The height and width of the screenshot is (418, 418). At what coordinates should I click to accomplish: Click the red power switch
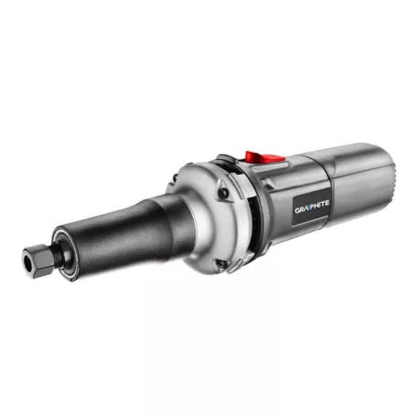click(263, 157)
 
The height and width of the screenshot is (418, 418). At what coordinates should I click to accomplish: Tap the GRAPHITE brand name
click(312, 207)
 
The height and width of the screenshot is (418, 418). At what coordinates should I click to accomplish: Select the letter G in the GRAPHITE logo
click(297, 210)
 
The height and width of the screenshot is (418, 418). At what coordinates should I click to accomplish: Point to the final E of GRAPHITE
click(327, 202)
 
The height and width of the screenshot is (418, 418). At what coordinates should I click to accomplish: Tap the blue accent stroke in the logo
click(308, 208)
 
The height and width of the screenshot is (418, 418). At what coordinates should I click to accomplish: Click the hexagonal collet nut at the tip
click(38, 261)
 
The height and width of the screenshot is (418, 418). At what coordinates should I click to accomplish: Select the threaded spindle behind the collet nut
click(59, 254)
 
